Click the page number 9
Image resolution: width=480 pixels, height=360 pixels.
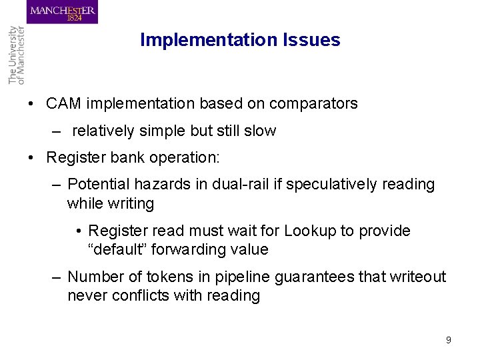click(448, 340)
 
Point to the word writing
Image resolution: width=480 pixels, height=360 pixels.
click(130, 203)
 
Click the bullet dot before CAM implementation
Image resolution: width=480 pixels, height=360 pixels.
click(31, 105)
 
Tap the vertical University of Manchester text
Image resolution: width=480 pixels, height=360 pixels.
click(16, 55)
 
